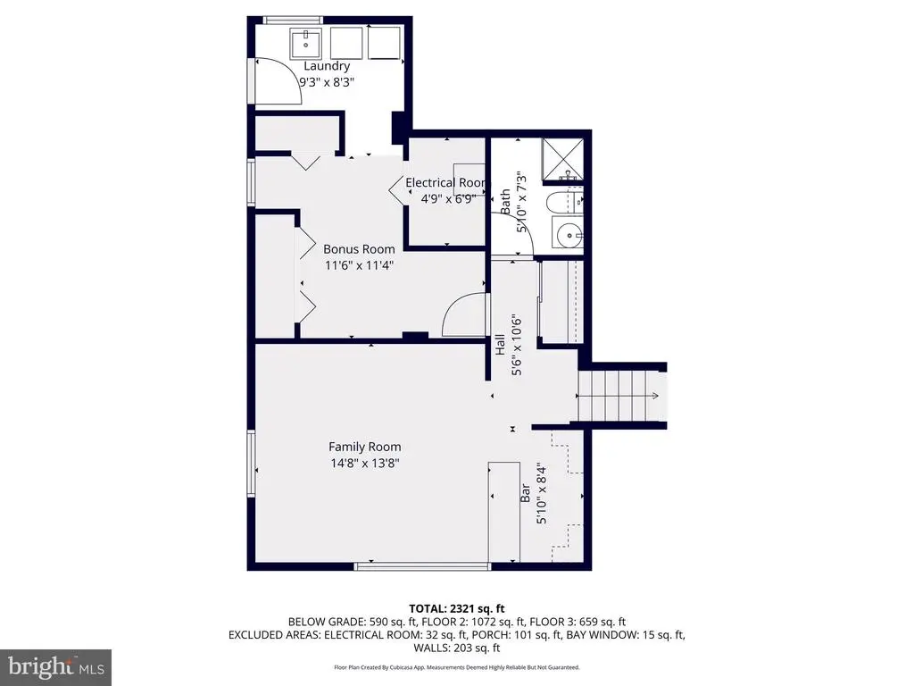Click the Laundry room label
(327, 66)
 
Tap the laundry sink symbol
(305, 43)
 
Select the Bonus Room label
(359, 249)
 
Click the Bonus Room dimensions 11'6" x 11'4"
(359, 265)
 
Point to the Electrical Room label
(446, 182)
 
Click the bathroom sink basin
(569, 236)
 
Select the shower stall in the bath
(562, 160)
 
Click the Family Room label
(365, 447)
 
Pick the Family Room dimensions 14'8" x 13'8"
(365, 464)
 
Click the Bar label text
(525, 493)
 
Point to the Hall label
(500, 345)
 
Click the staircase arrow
(618, 396)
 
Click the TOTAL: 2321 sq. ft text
(456, 609)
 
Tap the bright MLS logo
(56, 667)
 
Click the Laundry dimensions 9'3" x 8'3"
(327, 82)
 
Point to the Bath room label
(505, 201)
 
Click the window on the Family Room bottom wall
(422, 565)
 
